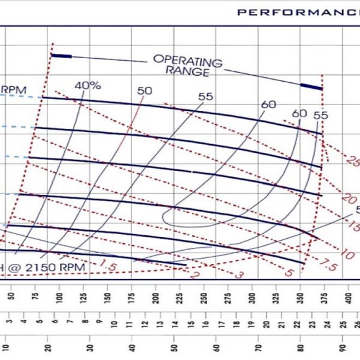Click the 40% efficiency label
pyautogui.click(x=88, y=85)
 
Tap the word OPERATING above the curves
pyautogui.click(x=187, y=60)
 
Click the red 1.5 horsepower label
pyautogui.click(x=108, y=265)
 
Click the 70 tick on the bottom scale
pyautogui.click(x=258, y=347)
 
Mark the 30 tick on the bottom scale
pyautogui.click(x=90, y=347)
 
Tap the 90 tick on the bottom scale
pyautogui.click(x=343, y=347)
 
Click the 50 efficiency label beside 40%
pyautogui.click(x=145, y=91)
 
